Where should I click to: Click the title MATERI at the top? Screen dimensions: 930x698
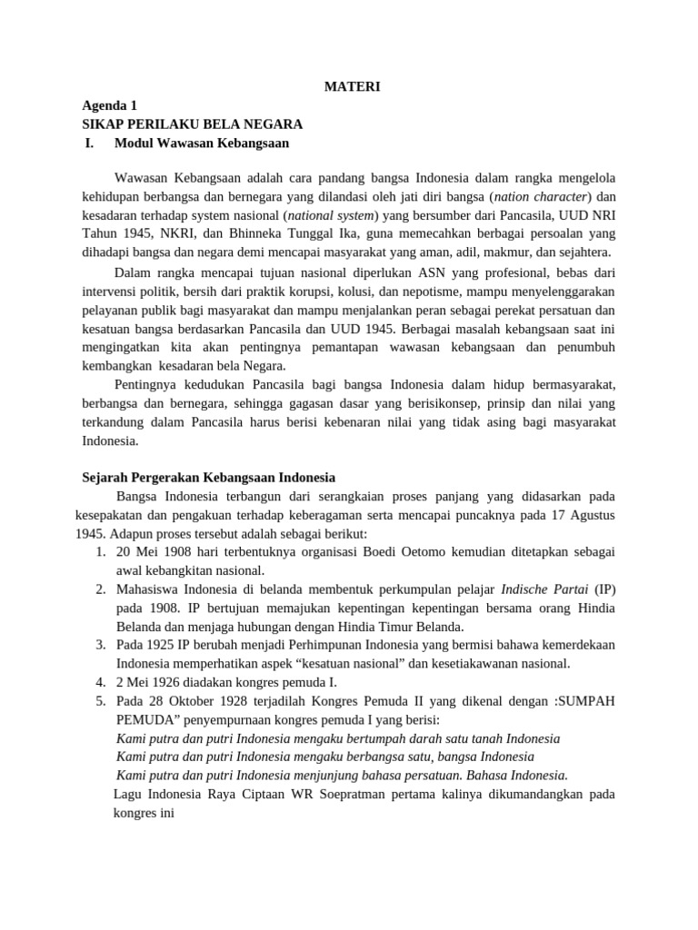[x=353, y=87]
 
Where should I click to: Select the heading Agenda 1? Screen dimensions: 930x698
[x=109, y=105]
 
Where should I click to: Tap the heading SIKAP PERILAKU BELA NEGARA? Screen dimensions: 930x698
[x=192, y=124]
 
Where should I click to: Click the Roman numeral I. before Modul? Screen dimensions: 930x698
[x=89, y=143]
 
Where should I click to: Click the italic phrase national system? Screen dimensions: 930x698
[x=332, y=215]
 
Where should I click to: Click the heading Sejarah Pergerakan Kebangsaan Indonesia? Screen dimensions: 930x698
[x=208, y=477]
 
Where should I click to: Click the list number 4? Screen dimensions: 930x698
[x=101, y=682]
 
